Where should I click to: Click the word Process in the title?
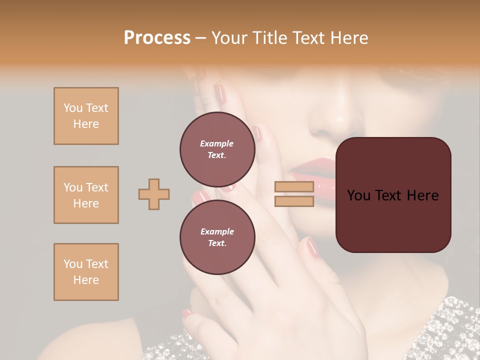click(x=157, y=38)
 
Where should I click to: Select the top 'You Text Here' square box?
click(x=86, y=116)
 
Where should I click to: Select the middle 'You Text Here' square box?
click(x=86, y=195)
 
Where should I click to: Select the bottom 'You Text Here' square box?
click(x=86, y=272)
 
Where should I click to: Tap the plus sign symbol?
click(x=154, y=194)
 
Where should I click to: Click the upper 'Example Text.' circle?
click(x=217, y=149)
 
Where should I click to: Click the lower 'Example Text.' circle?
click(x=217, y=237)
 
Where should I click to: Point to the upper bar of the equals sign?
click(x=294, y=187)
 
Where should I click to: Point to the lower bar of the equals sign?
click(x=294, y=201)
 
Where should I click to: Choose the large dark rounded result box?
click(x=393, y=194)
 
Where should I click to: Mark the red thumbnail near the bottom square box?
click(x=187, y=313)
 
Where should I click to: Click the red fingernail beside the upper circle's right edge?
click(x=256, y=133)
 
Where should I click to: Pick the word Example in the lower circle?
click(x=217, y=231)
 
